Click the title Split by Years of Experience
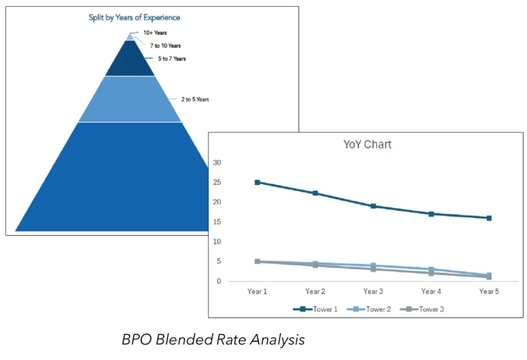[134, 18]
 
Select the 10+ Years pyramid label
[155, 33]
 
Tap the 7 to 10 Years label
[165, 46]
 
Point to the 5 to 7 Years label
[172, 59]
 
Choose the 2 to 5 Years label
[195, 99]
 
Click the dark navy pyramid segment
[130, 61]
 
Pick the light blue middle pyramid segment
[130, 100]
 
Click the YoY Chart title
[367, 144]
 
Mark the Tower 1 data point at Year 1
[257, 182]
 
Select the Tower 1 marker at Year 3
[373, 206]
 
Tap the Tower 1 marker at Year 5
[489, 218]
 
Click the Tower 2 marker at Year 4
[431, 269]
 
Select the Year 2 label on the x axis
[315, 292]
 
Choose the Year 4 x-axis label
[431, 292]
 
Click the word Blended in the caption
[187, 340]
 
